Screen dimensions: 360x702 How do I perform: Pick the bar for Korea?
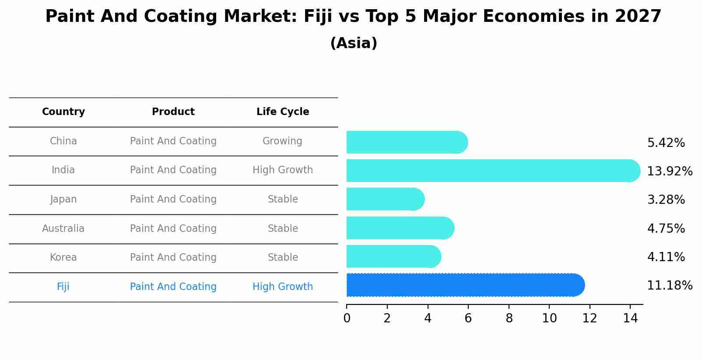point(393,256)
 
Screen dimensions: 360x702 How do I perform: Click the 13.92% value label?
point(669,171)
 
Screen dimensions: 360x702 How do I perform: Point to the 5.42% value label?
point(666,143)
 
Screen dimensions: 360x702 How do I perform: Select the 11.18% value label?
point(669,285)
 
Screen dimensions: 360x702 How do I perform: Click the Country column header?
point(63,112)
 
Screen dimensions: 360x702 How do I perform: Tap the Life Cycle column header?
point(283,112)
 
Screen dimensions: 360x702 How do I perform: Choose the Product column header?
point(173,112)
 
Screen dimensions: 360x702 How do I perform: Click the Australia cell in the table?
point(63,228)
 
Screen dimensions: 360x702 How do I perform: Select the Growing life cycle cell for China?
point(282,141)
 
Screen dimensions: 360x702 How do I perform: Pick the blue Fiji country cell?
point(63,287)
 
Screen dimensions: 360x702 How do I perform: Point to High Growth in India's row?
point(283,170)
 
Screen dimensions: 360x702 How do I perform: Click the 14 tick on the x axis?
point(630,318)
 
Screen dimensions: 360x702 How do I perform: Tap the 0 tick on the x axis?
point(347,318)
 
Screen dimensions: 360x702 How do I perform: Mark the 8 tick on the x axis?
point(509,318)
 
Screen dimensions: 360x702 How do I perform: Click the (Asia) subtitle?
point(354,43)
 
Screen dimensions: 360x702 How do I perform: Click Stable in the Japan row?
point(283,199)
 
